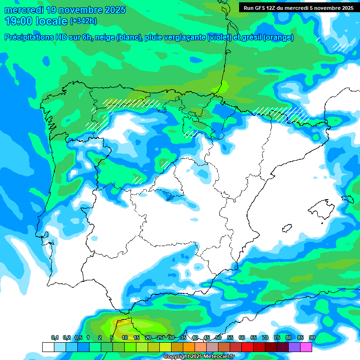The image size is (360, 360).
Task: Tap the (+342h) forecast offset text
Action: [x=84, y=21]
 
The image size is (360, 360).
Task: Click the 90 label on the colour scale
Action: [x=312, y=337]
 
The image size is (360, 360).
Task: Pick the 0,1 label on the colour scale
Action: [x=55, y=337]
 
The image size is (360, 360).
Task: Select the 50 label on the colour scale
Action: [x=218, y=337]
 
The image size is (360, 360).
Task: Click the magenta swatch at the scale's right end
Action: [x=306, y=347]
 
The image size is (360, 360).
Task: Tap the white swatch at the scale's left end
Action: [x=48, y=347]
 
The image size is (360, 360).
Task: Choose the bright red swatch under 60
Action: [x=247, y=347]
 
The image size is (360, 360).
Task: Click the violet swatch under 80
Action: [x=294, y=347]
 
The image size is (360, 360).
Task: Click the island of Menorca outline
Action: [x=347, y=199]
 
